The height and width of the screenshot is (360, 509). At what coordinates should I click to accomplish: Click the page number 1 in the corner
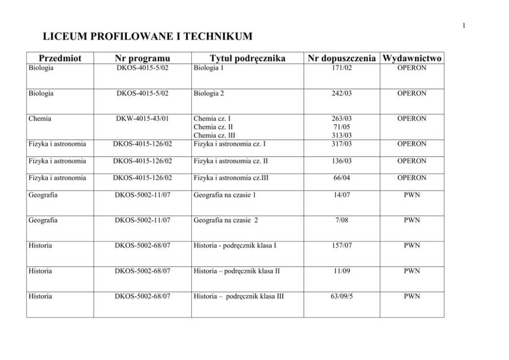tap(463, 26)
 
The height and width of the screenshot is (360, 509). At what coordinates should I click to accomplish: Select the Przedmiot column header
tap(60, 59)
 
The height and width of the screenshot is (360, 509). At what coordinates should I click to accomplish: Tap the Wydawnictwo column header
tap(412, 59)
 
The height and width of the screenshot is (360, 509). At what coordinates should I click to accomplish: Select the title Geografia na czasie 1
tap(225, 195)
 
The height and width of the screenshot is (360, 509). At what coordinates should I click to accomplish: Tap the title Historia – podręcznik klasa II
tap(237, 271)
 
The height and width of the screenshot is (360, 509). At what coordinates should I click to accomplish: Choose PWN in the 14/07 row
tap(412, 195)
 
